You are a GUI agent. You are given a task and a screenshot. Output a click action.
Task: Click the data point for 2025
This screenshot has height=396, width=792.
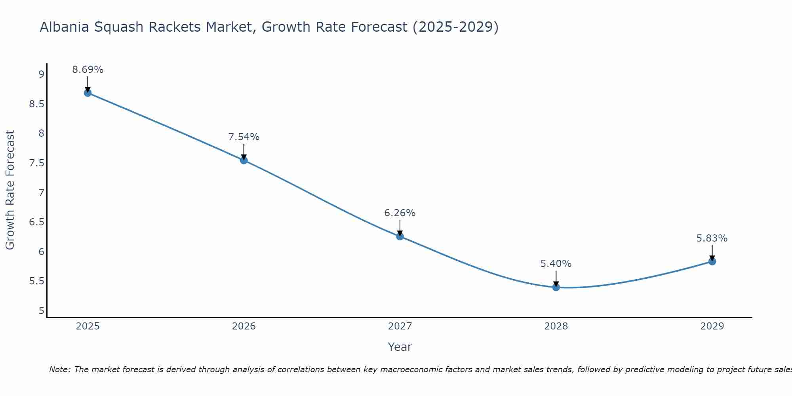[x=88, y=93]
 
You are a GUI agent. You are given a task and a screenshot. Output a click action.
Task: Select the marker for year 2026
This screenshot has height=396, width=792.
[x=244, y=160]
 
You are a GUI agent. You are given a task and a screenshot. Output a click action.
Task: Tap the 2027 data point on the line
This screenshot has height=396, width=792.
[x=400, y=236]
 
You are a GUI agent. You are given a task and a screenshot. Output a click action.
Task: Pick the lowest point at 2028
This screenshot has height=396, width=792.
[x=556, y=287]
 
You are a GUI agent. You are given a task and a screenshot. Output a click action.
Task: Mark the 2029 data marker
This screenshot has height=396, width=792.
[x=712, y=261]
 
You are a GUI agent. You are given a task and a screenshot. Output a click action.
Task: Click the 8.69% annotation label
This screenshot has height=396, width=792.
[x=88, y=70]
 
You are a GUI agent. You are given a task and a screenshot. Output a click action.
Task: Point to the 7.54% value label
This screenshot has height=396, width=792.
[x=244, y=137]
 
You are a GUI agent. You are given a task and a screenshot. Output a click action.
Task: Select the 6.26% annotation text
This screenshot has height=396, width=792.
[x=400, y=213]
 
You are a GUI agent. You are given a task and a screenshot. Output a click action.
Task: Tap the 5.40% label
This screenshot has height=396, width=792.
[x=556, y=264]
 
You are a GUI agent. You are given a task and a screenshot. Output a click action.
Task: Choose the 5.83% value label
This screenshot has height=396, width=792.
[x=712, y=238]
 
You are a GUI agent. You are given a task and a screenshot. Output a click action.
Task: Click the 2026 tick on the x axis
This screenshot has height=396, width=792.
[x=244, y=326]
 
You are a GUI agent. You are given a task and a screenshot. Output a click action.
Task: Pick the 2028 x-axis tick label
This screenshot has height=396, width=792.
[x=556, y=326]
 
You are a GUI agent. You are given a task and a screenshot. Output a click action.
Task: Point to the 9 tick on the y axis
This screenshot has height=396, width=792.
[x=41, y=74]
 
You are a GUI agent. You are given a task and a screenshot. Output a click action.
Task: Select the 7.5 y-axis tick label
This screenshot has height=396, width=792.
[x=37, y=163]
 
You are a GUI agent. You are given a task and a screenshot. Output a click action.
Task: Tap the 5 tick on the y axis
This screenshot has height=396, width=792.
[x=41, y=311]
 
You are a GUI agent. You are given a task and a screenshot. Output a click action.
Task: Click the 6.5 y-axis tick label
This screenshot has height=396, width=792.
[x=37, y=222]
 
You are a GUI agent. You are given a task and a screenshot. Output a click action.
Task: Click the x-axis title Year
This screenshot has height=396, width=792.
[x=400, y=347]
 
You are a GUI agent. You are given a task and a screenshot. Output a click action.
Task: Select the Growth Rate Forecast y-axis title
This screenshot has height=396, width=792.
[x=10, y=190]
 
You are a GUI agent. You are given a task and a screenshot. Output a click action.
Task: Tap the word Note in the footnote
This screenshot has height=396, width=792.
[x=60, y=369]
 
